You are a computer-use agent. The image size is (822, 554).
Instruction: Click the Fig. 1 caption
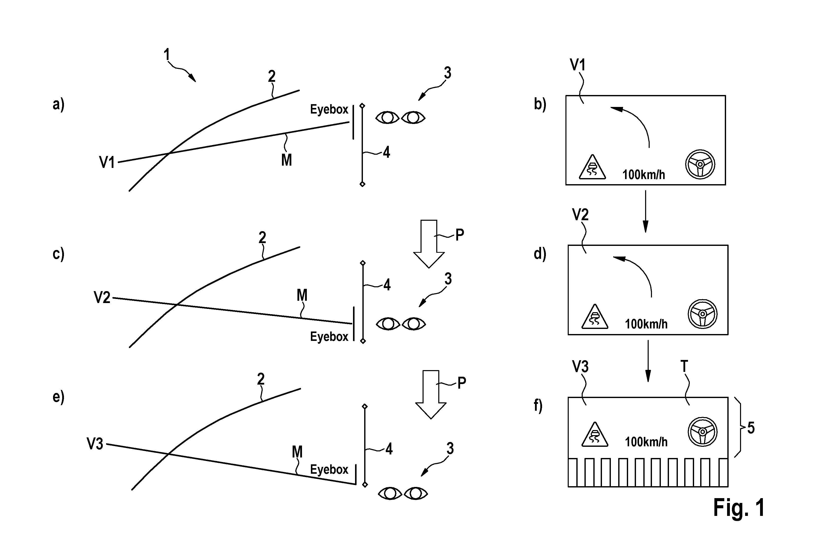coord(739,508)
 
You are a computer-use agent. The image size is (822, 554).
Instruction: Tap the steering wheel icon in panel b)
coord(700,164)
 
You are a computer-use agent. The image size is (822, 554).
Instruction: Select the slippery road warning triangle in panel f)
coord(595,434)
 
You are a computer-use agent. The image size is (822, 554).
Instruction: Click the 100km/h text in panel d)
coord(646,324)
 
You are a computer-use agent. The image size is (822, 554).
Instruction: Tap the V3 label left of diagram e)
coord(95,444)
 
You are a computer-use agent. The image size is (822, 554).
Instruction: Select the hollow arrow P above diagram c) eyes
coord(429,244)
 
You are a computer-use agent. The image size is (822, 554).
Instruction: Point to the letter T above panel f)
coord(684,366)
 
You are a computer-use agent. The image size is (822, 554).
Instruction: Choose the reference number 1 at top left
coord(166,55)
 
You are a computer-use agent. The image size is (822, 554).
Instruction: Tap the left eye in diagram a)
coord(388,117)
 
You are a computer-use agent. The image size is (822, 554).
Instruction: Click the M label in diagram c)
coord(302,295)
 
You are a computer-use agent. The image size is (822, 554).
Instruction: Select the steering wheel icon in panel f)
coord(703,432)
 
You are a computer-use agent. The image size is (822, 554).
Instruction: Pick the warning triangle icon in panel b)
coord(593,167)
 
